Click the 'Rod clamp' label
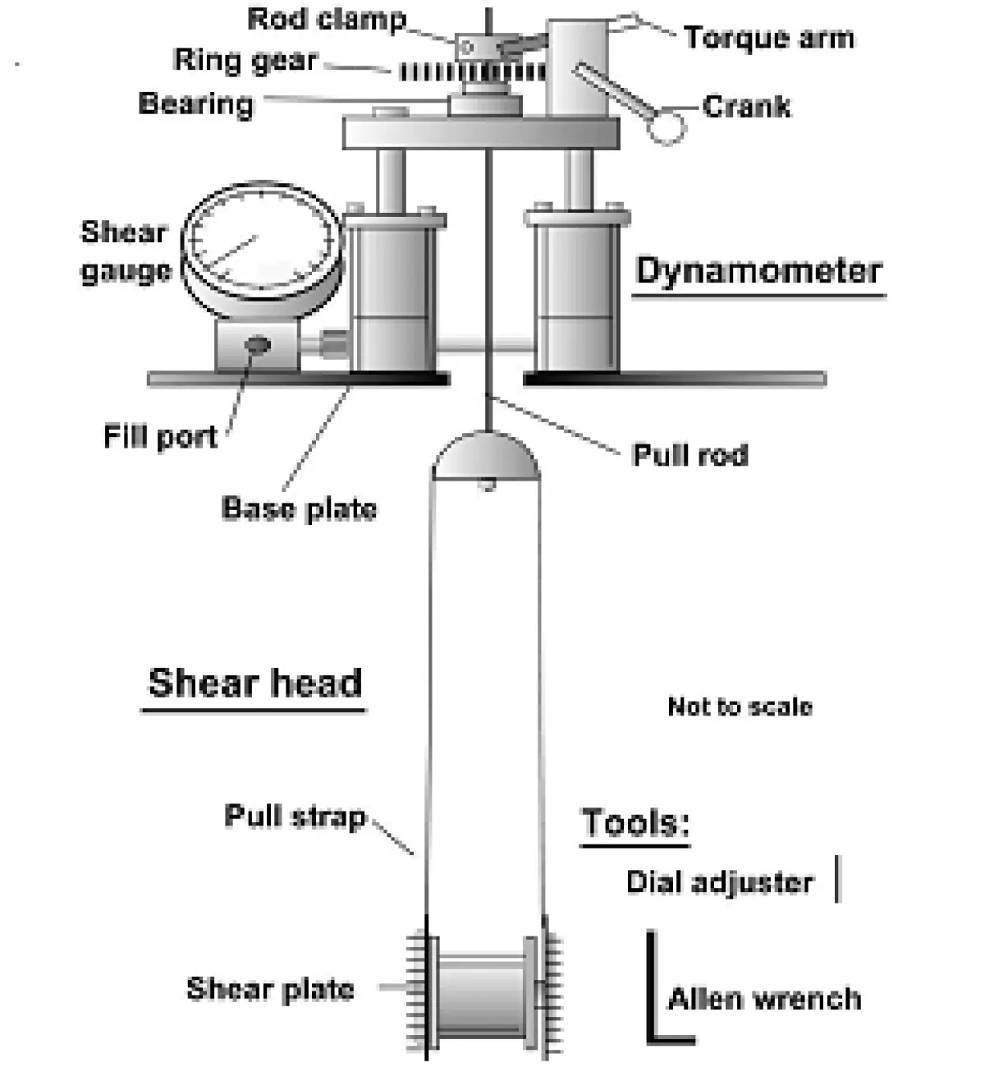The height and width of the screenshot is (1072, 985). click(327, 20)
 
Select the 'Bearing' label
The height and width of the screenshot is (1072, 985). click(195, 104)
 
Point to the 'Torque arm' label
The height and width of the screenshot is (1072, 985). click(768, 38)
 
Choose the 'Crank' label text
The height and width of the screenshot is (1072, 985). click(746, 106)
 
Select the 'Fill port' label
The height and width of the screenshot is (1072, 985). click(160, 436)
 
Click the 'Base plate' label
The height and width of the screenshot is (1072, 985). click(299, 508)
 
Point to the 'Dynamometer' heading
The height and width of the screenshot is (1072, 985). click(758, 271)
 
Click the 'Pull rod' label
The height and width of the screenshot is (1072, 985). click(689, 455)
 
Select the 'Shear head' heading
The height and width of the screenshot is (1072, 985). click(254, 683)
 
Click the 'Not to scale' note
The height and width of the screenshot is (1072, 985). click(740, 706)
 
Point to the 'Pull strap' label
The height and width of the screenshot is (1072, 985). click(294, 817)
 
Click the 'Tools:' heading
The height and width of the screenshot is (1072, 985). click(635, 822)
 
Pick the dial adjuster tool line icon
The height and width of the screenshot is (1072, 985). click(837, 879)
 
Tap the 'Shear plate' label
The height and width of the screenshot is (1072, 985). click(270, 989)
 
